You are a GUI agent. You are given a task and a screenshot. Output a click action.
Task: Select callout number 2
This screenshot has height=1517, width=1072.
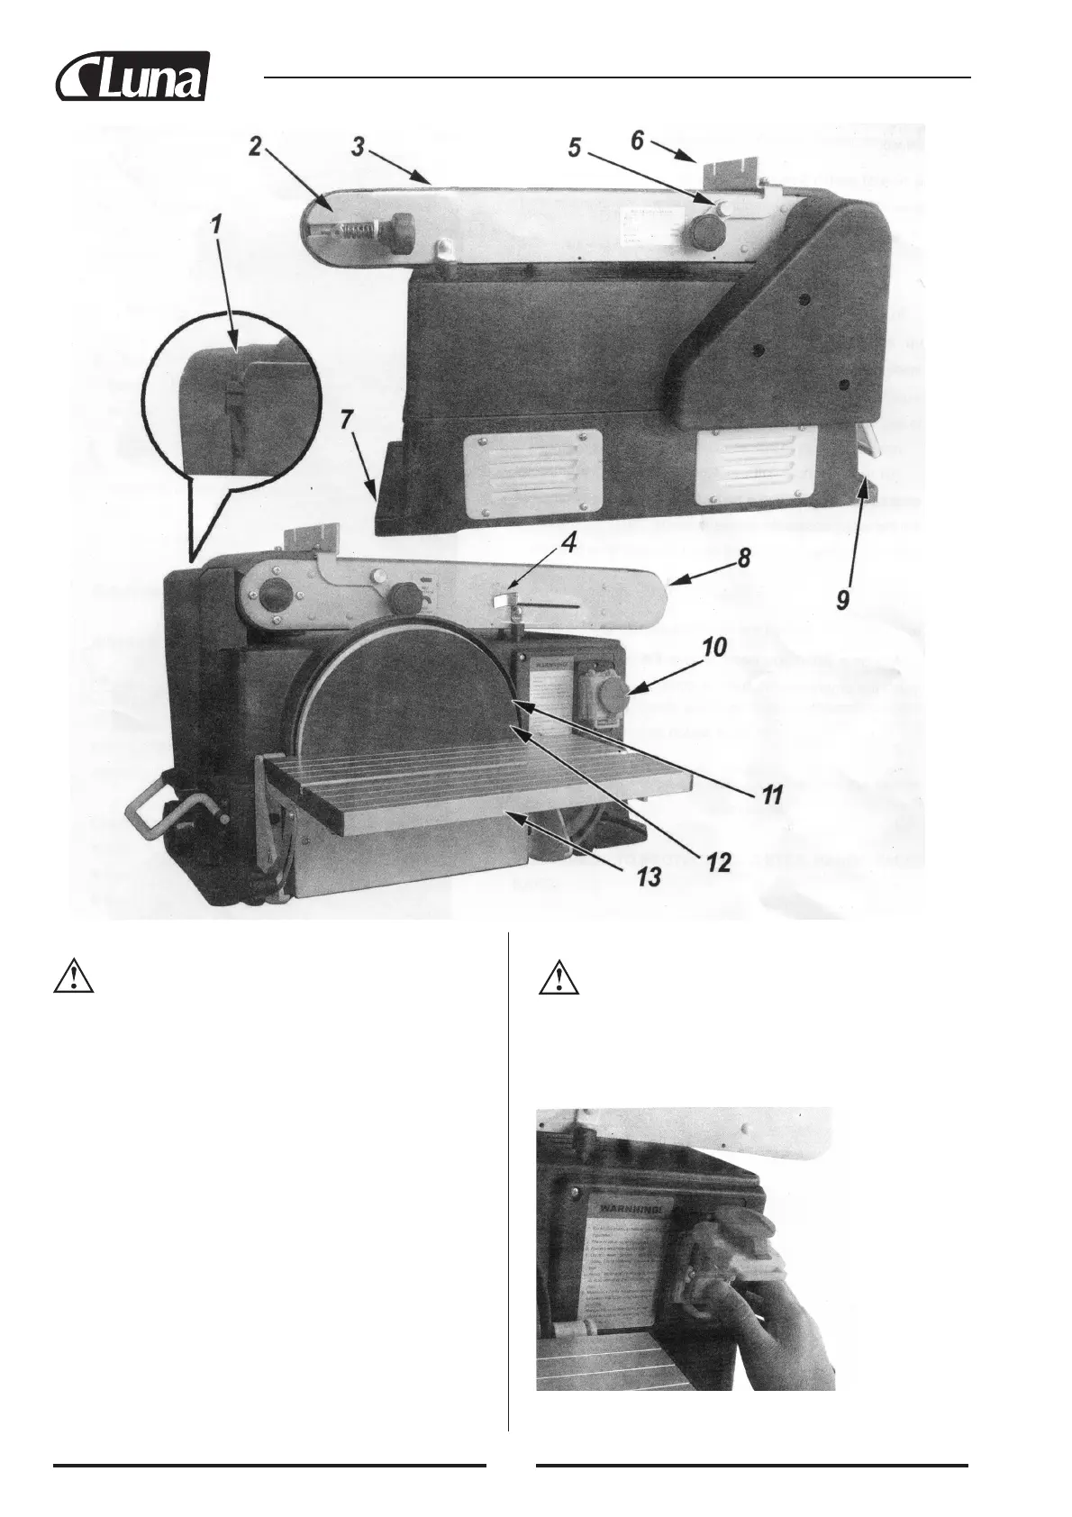[x=255, y=147]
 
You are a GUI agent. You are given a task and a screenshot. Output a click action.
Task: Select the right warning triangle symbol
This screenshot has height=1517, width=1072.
[x=559, y=978]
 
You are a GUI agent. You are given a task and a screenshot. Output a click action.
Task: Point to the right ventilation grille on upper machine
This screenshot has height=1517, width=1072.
[x=758, y=466]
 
